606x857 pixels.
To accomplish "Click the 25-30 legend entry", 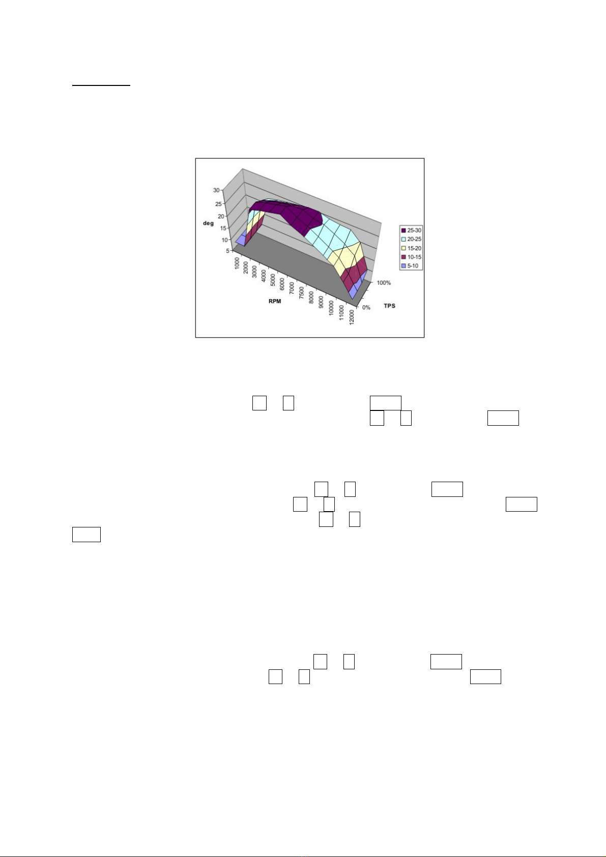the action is (411, 230).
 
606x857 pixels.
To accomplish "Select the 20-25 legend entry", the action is (411, 239).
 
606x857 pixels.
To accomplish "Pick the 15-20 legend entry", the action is (411, 248).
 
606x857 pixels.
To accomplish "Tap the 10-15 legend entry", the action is (411, 257).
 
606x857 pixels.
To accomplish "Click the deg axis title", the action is (208, 223).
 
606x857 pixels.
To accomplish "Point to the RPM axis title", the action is (275, 302).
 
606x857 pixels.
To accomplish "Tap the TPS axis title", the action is (390, 306).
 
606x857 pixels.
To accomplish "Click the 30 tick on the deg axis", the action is (216, 190).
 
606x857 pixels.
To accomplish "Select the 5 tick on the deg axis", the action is (228, 251).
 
